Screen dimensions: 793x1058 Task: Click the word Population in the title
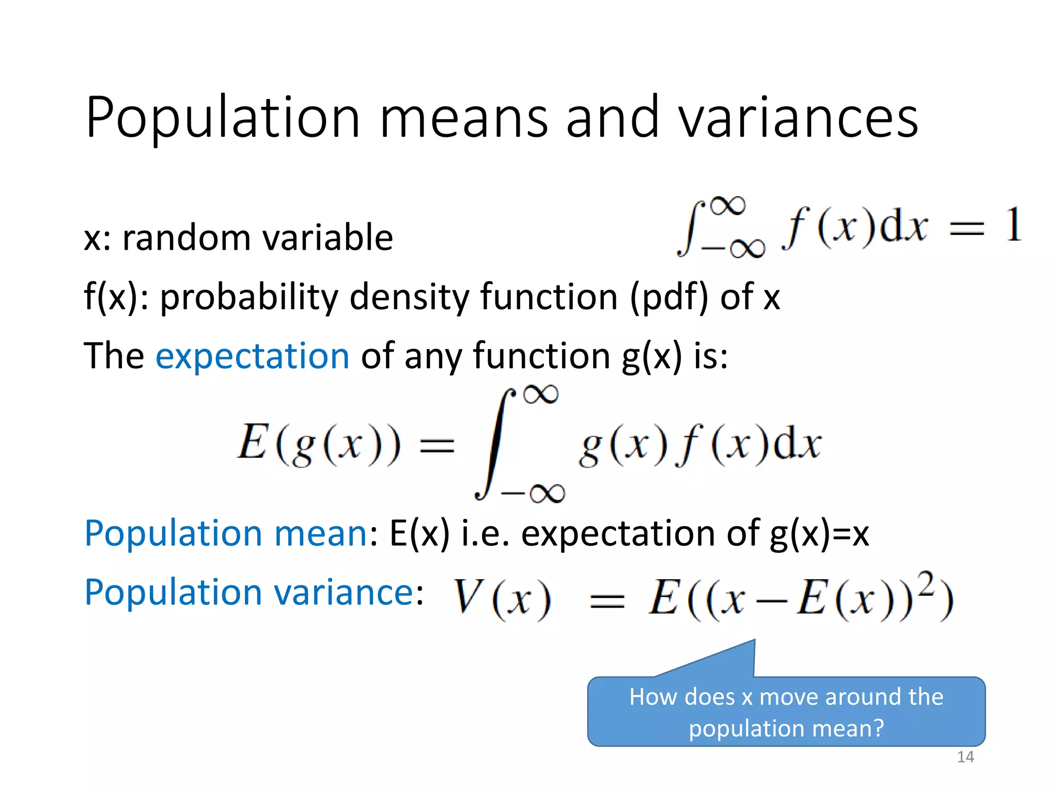click(x=222, y=118)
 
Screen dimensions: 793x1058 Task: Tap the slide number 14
click(x=965, y=757)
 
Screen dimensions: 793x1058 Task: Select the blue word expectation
click(x=253, y=356)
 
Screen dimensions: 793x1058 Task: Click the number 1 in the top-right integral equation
click(x=1013, y=225)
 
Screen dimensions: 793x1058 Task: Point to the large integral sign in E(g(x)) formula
click(x=495, y=444)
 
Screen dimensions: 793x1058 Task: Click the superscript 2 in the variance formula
click(x=926, y=584)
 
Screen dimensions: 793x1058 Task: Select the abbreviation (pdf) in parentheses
click(x=668, y=297)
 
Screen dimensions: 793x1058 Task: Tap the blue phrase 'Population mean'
click(x=226, y=533)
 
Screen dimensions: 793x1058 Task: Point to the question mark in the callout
click(x=878, y=728)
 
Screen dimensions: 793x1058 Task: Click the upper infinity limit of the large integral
click(x=541, y=395)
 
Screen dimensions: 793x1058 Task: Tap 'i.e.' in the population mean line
click(x=485, y=533)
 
